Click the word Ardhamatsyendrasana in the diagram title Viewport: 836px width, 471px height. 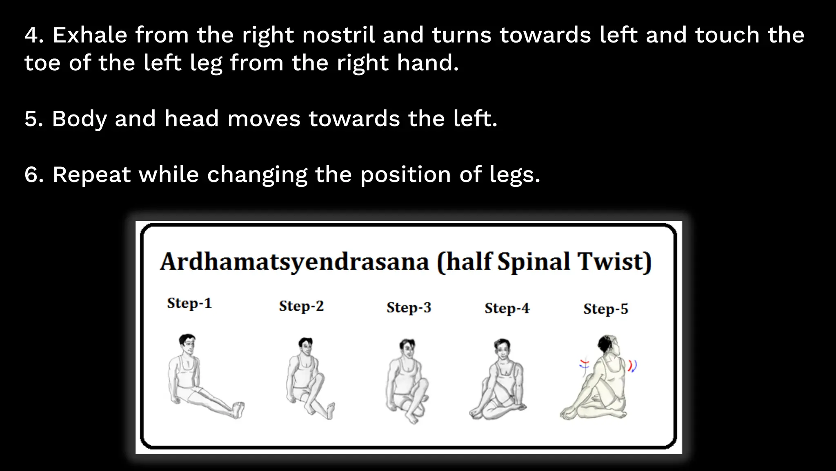[x=294, y=262]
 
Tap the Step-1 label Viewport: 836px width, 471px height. [x=189, y=303]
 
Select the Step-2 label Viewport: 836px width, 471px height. [x=301, y=306]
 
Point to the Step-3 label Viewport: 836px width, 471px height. [x=409, y=307]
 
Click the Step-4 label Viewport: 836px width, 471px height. [x=507, y=308]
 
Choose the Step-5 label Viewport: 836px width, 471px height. [x=606, y=309]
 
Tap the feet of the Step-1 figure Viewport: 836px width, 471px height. [x=238, y=410]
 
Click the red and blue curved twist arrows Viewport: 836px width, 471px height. [x=632, y=366]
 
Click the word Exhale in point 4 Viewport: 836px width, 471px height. [x=90, y=35]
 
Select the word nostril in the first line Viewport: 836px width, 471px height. [x=338, y=35]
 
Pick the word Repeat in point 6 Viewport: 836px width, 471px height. [x=91, y=175]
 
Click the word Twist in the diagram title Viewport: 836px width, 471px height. [x=614, y=262]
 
